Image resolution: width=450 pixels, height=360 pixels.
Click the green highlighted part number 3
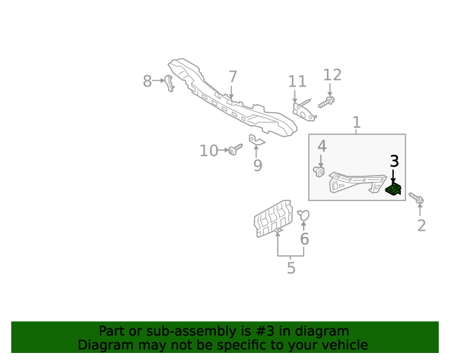pyautogui.click(x=394, y=188)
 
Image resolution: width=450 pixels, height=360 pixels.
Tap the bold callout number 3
pyautogui.click(x=394, y=161)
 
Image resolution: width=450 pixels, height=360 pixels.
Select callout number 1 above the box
pyautogui.click(x=356, y=122)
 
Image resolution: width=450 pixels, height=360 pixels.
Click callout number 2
pyautogui.click(x=421, y=226)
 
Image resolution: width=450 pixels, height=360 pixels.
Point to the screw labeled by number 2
pyautogui.click(x=416, y=198)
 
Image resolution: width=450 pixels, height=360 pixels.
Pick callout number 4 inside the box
pyautogui.click(x=322, y=146)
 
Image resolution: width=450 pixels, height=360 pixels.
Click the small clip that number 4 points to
pyautogui.click(x=319, y=172)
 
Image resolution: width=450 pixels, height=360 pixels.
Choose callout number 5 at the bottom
pyautogui.click(x=291, y=268)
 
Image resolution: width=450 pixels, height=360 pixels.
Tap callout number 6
pyautogui.click(x=304, y=239)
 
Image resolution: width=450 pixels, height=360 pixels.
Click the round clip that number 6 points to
pyautogui.click(x=304, y=215)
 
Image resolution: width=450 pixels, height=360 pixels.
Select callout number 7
pyautogui.click(x=233, y=77)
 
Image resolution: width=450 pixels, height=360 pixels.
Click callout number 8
pyautogui.click(x=147, y=81)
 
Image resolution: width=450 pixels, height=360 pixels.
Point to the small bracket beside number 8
pyautogui.click(x=169, y=83)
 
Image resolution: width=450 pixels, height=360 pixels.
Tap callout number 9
pyautogui.click(x=258, y=165)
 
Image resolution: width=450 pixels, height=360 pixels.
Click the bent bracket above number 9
pyautogui.click(x=257, y=140)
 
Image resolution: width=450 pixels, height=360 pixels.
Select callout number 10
pyautogui.click(x=209, y=150)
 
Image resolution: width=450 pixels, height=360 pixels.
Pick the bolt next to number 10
pyautogui.click(x=236, y=150)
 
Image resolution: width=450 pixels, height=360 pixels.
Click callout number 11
pyautogui.click(x=297, y=82)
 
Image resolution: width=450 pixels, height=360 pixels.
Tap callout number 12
pyautogui.click(x=333, y=75)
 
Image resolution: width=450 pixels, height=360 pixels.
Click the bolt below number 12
pyautogui.click(x=326, y=102)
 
